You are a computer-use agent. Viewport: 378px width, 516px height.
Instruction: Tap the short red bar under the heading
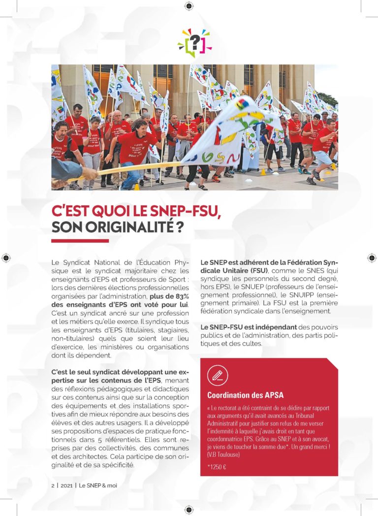point(80,241)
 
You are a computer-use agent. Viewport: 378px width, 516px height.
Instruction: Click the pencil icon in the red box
point(217,376)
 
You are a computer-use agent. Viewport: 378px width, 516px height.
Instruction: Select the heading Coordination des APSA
point(245,395)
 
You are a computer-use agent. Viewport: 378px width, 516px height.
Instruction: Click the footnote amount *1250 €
point(217,467)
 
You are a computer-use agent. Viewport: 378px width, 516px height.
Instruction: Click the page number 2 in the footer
point(53,485)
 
